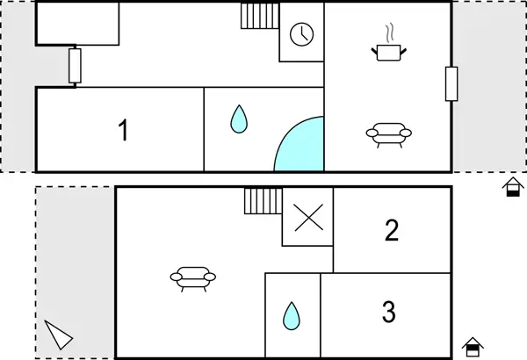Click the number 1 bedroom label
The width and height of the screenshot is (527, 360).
[124, 131]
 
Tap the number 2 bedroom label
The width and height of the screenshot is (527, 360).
[392, 230]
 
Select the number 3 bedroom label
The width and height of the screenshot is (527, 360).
[389, 312]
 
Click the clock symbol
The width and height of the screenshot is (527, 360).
[301, 34]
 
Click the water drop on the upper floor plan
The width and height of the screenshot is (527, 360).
[239, 119]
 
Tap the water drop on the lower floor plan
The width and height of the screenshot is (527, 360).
[291, 316]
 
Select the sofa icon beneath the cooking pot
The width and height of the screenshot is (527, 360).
[389, 135]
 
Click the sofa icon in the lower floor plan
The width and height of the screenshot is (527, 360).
[193, 279]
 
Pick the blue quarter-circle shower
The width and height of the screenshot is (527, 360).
[300, 144]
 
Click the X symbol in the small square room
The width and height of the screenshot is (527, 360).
[309, 218]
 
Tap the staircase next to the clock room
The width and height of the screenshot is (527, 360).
[260, 16]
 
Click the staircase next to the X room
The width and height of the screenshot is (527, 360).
[263, 201]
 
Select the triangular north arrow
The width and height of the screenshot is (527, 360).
[58, 335]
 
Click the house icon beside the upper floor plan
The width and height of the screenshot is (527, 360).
[513, 187]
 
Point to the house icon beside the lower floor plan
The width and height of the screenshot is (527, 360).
[473, 347]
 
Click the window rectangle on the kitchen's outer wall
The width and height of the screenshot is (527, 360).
[451, 84]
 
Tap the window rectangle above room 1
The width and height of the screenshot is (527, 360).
[75, 66]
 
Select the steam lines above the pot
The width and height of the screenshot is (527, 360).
[389, 33]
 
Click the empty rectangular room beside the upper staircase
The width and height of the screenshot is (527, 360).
[77, 24]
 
